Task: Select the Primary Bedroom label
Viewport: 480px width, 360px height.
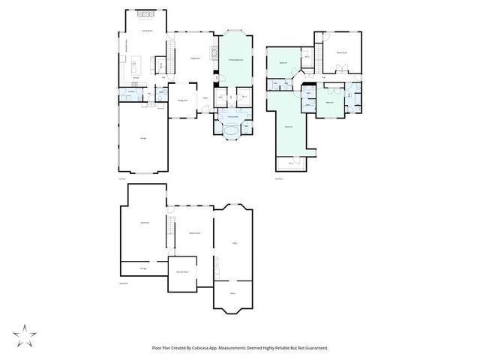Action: click(235, 59)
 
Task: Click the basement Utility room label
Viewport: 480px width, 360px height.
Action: click(234, 243)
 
